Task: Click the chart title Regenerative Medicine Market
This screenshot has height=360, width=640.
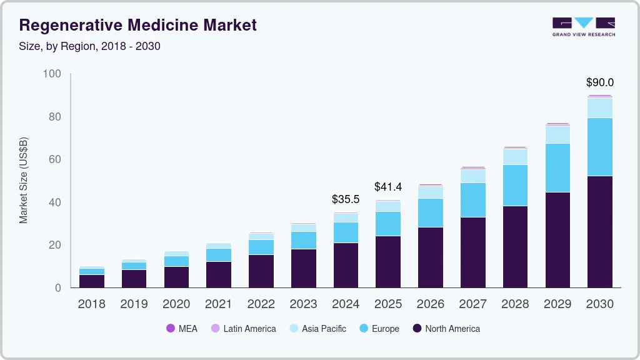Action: pyautogui.click(x=138, y=26)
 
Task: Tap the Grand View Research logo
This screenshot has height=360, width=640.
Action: pyautogui.click(x=583, y=26)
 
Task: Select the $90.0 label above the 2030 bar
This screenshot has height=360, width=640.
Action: pyautogui.click(x=599, y=82)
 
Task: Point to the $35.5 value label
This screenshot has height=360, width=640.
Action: pyautogui.click(x=346, y=199)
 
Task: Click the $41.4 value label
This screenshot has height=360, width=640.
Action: pyautogui.click(x=388, y=186)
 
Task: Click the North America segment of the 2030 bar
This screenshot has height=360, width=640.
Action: pyautogui.click(x=600, y=231)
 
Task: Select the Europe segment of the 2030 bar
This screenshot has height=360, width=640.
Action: pyautogui.click(x=600, y=147)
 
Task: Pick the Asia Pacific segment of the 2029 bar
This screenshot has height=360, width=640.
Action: pyautogui.click(x=557, y=134)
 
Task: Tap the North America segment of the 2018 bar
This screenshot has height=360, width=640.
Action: pyautogui.click(x=92, y=281)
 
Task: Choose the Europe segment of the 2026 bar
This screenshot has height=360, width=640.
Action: pyautogui.click(x=430, y=212)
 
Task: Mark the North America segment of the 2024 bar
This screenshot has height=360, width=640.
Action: pyautogui.click(x=346, y=265)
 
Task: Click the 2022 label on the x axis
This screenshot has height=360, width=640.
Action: pyautogui.click(x=261, y=304)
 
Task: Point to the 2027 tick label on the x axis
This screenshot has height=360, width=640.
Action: pyautogui.click(x=473, y=304)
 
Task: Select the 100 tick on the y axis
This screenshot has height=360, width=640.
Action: pyautogui.click(x=52, y=74)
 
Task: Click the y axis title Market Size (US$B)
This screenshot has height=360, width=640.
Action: pyautogui.click(x=24, y=180)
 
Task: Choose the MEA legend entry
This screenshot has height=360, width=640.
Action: pyautogui.click(x=182, y=329)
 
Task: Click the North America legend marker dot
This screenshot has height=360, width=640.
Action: pyautogui.click(x=417, y=329)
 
